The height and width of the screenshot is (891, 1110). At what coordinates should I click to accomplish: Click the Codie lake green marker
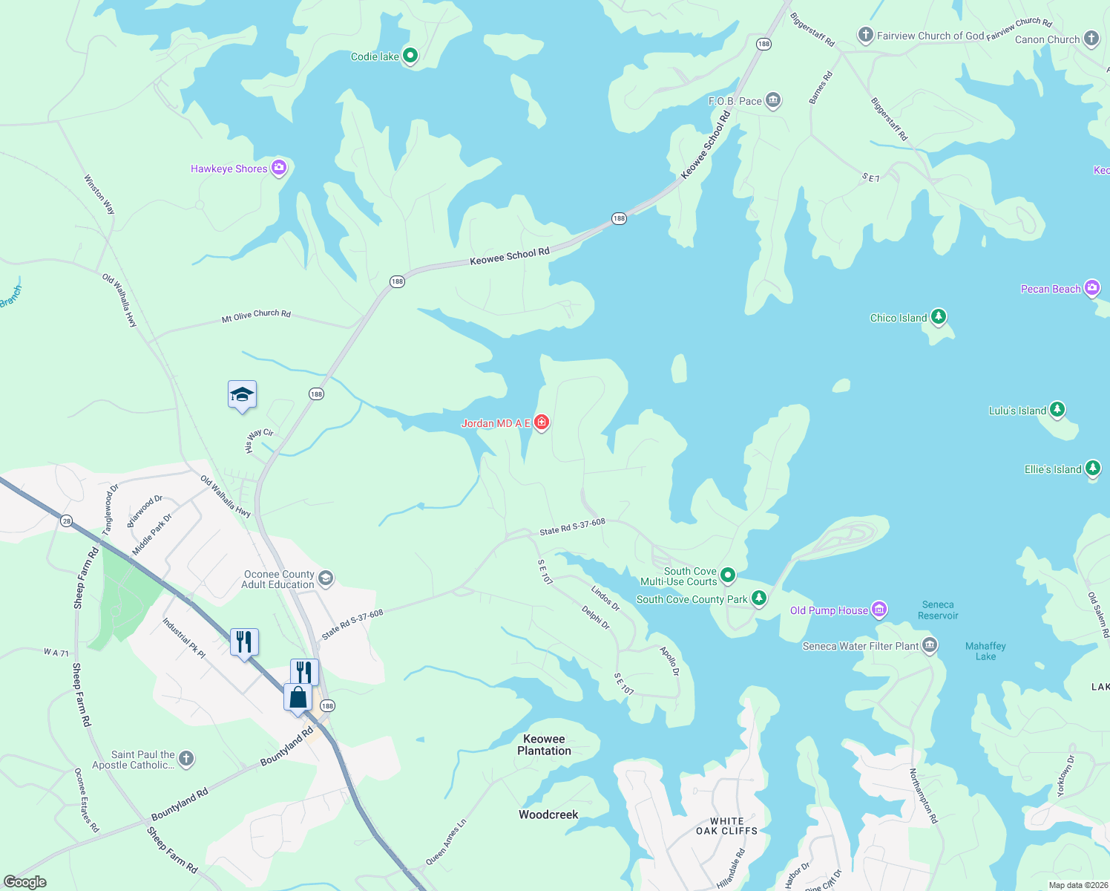(410, 56)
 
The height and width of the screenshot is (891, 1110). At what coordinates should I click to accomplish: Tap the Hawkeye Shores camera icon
(279, 168)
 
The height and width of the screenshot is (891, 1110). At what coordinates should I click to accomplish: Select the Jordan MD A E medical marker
(542, 422)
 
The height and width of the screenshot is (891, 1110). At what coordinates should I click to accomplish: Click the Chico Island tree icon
(939, 317)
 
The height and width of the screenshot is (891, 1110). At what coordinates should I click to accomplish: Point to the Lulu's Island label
(1017, 411)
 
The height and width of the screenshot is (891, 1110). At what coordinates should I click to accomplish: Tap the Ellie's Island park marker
(1092, 469)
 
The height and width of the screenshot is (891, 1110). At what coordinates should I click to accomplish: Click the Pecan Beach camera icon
(1091, 288)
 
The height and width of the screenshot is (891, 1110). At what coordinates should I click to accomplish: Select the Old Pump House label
(829, 610)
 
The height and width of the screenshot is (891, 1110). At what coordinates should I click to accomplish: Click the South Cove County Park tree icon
(758, 598)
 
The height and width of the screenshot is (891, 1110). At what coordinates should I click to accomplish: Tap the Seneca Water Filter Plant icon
(930, 645)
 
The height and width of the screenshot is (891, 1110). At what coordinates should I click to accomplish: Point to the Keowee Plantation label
(544, 745)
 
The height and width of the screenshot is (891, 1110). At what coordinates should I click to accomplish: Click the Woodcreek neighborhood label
(548, 815)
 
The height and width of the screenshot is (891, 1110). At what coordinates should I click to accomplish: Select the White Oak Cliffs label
(726, 826)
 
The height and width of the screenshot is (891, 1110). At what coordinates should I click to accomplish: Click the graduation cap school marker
(242, 395)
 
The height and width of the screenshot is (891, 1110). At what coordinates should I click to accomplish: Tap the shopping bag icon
(298, 698)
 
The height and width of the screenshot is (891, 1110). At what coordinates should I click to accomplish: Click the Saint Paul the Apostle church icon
(186, 758)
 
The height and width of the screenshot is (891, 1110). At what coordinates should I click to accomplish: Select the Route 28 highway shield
(67, 521)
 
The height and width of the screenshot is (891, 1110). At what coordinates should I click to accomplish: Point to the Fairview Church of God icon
(865, 35)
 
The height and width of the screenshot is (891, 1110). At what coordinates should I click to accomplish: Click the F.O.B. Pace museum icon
(773, 100)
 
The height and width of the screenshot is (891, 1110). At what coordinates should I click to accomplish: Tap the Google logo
(25, 882)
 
